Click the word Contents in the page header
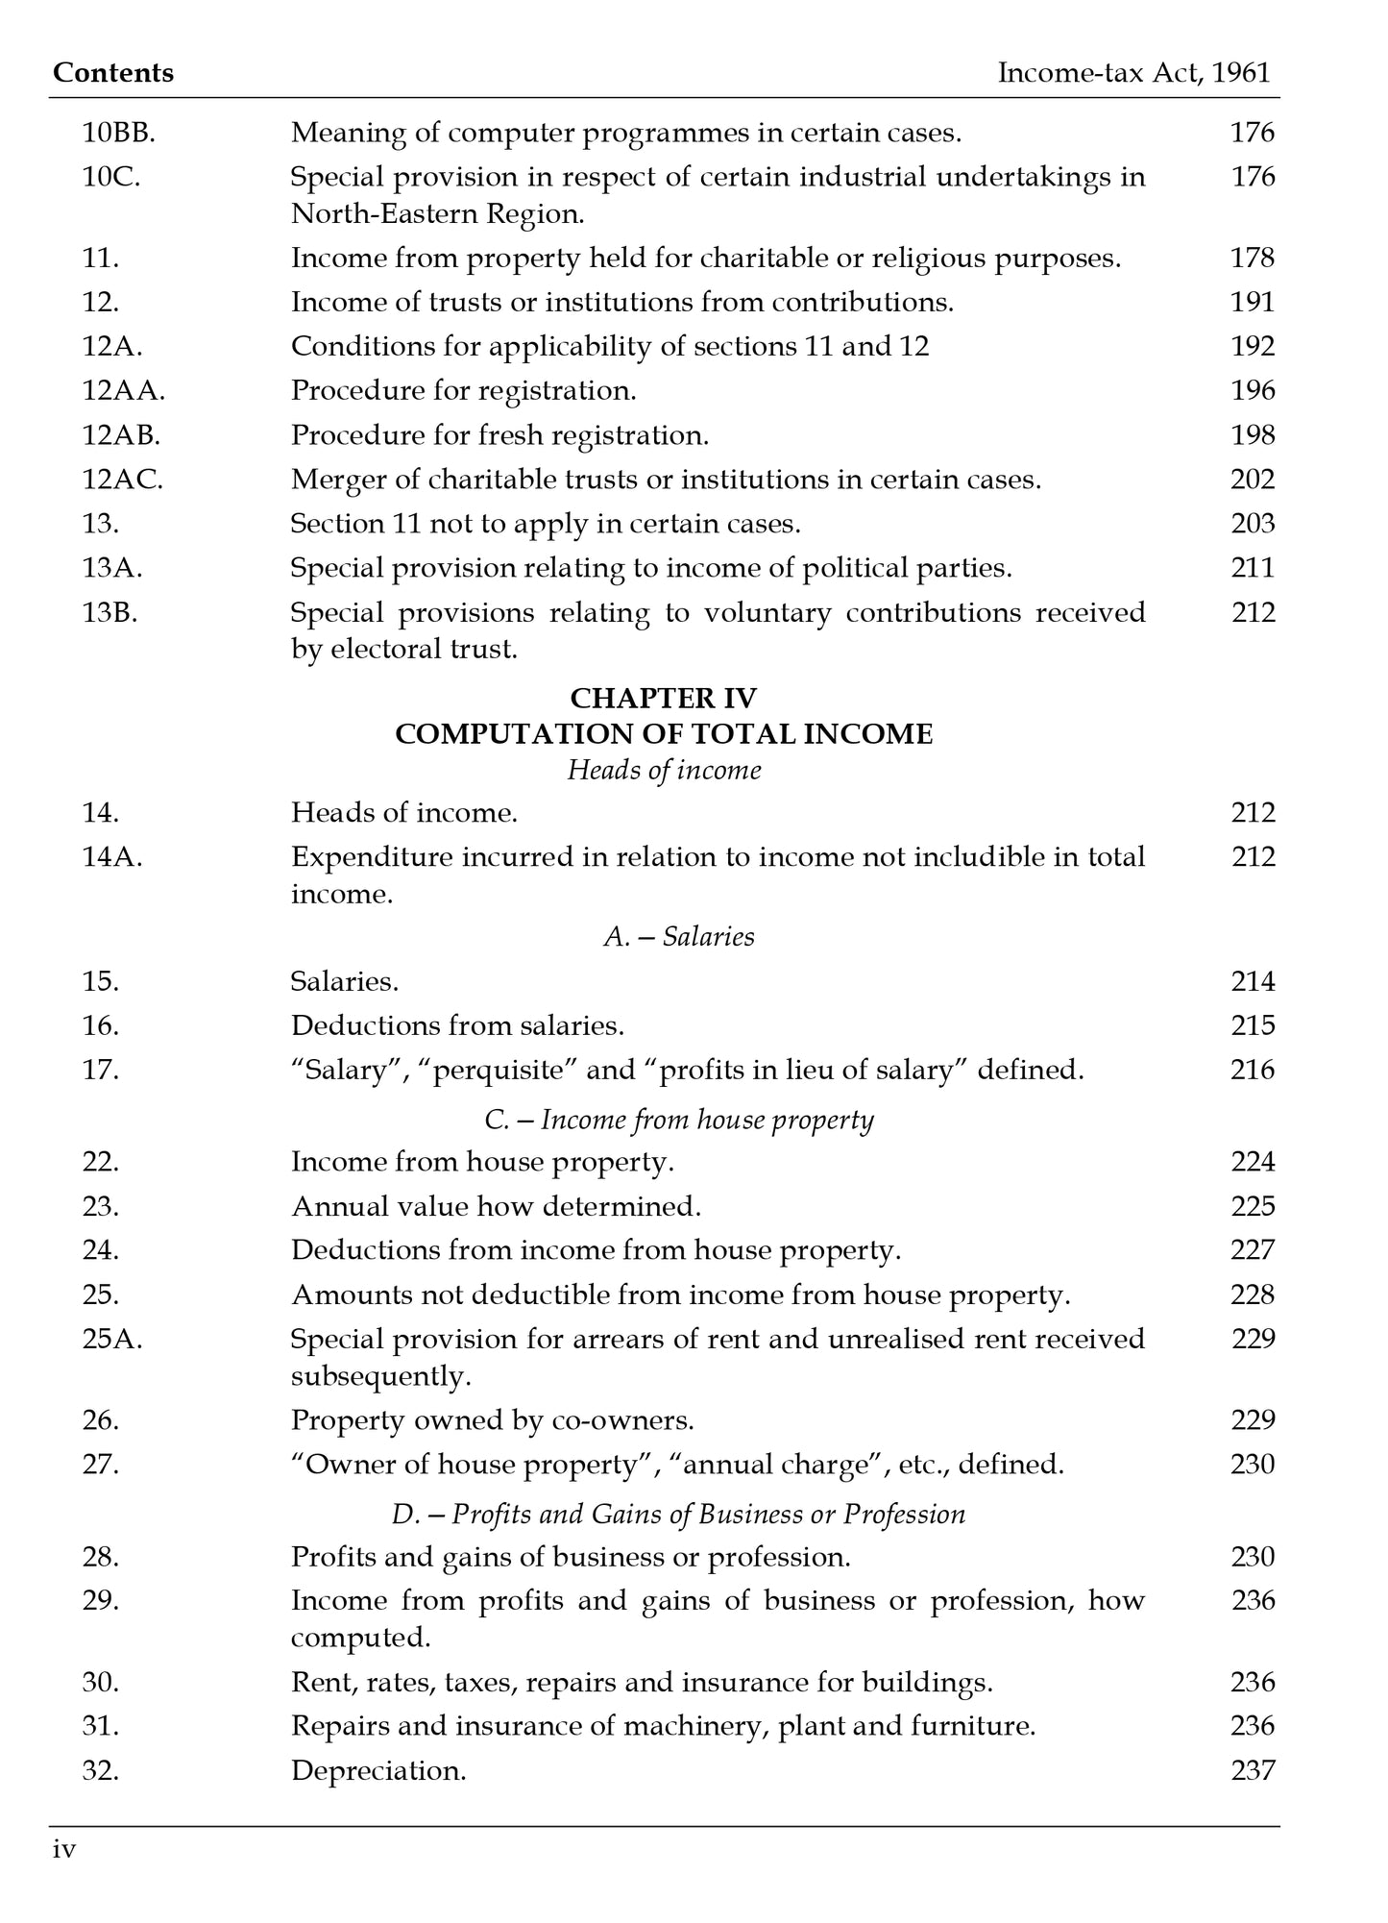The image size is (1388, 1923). point(113,73)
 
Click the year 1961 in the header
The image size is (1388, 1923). point(1241,73)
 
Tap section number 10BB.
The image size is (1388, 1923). point(118,133)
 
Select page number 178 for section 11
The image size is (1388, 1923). point(1252,258)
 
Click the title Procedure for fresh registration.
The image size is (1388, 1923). point(499,435)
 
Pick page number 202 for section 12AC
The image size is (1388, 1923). point(1252,480)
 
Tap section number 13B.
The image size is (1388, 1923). point(110,612)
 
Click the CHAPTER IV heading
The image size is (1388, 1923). point(663,698)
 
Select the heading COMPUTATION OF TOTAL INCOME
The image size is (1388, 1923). point(663,734)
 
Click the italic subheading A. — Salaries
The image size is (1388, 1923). point(678,937)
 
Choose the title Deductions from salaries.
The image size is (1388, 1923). point(457,1025)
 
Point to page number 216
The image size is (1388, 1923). point(1252,1070)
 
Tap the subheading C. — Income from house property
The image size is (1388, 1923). point(678,1120)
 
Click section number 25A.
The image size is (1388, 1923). point(112,1339)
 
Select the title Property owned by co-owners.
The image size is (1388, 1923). point(492,1420)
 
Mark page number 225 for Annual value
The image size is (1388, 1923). point(1252,1206)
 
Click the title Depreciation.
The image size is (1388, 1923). point(378,1770)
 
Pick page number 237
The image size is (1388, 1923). point(1252,1770)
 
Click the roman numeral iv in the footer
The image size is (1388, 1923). point(64,1850)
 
